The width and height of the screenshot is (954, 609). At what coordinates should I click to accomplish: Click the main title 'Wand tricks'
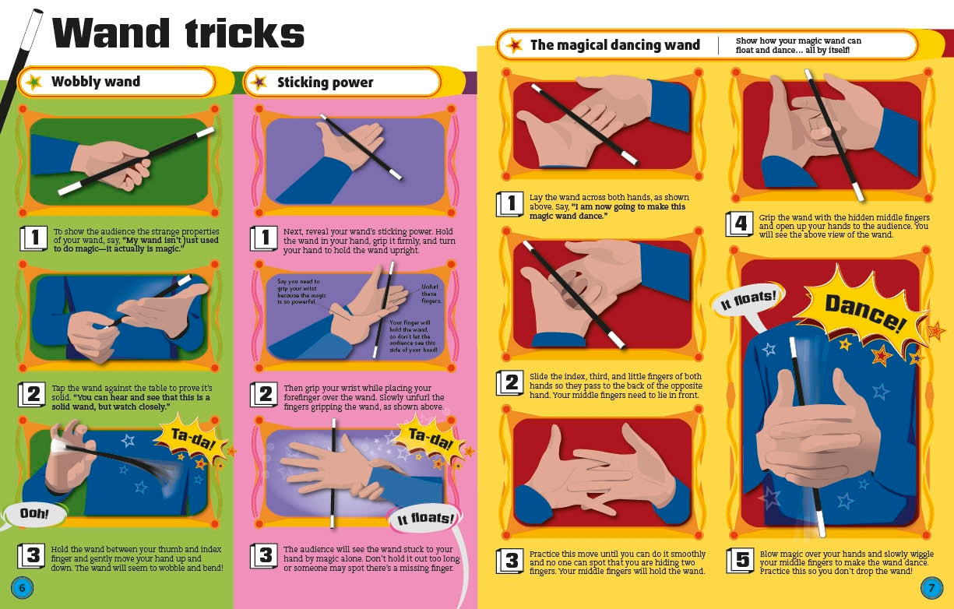tap(178, 33)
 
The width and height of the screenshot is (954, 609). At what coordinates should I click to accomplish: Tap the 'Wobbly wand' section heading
tap(96, 82)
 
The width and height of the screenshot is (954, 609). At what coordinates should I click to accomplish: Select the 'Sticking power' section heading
tap(325, 83)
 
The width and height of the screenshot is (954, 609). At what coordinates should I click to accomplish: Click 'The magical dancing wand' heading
tap(614, 45)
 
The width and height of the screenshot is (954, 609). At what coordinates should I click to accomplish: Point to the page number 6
tap(21, 587)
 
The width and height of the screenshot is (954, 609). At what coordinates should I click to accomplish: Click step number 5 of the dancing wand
tap(741, 561)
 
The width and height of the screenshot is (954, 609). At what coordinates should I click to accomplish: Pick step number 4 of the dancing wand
tap(740, 224)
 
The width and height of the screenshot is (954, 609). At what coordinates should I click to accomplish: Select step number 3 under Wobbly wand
tap(32, 555)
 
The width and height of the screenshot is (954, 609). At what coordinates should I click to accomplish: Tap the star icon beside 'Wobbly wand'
tap(33, 82)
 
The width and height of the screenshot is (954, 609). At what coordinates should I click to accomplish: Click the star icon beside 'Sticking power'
tap(260, 83)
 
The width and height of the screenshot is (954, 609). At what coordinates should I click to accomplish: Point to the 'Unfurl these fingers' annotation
tap(430, 294)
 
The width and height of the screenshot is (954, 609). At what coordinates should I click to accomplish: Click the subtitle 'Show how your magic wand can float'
tap(797, 45)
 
